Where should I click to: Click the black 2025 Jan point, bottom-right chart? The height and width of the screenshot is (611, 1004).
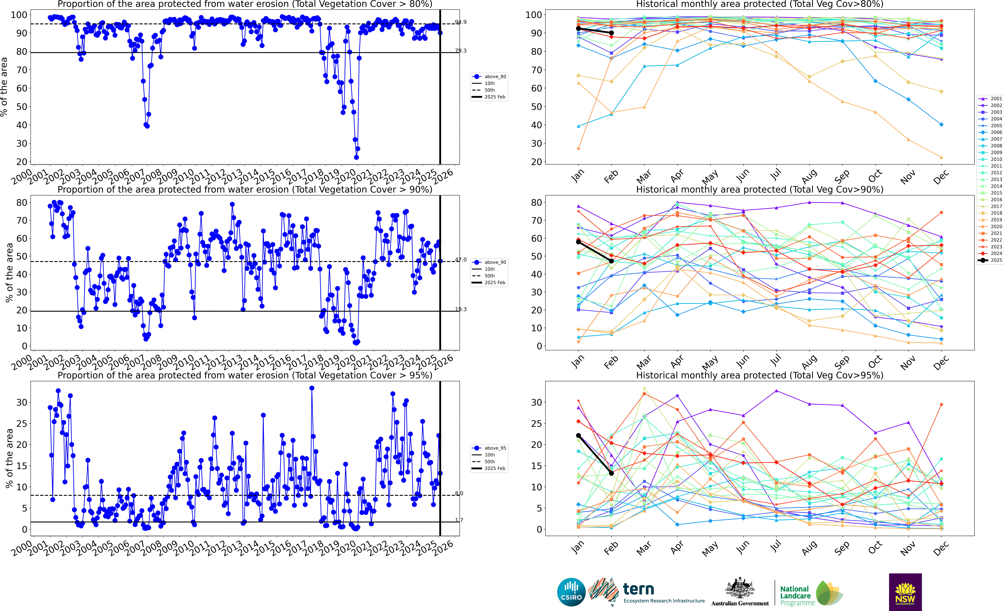point(578,435)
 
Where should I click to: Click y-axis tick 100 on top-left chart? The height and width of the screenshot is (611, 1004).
point(19,15)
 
